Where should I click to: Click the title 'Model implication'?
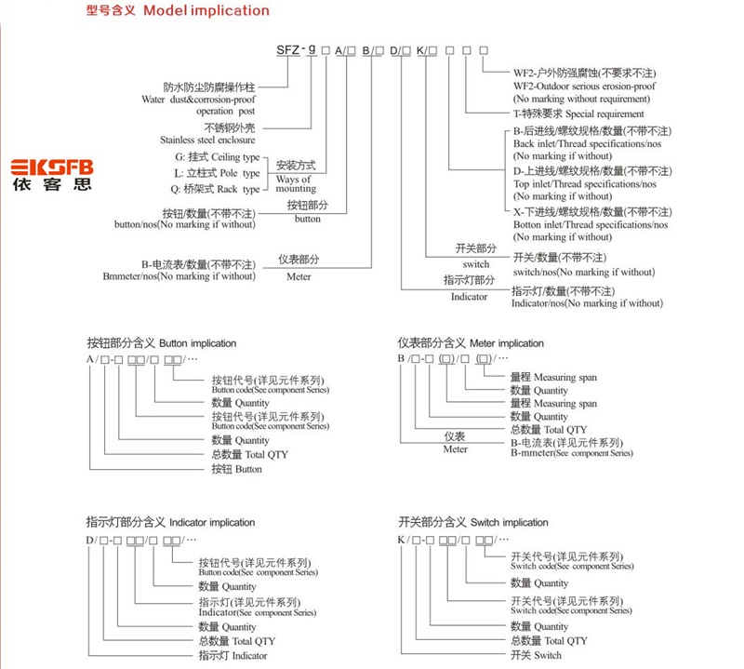tap(206, 11)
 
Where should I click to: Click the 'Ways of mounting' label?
tap(296, 183)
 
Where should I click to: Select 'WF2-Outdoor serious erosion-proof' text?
tap(584, 86)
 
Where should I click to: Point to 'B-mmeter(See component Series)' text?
tap(571, 453)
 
